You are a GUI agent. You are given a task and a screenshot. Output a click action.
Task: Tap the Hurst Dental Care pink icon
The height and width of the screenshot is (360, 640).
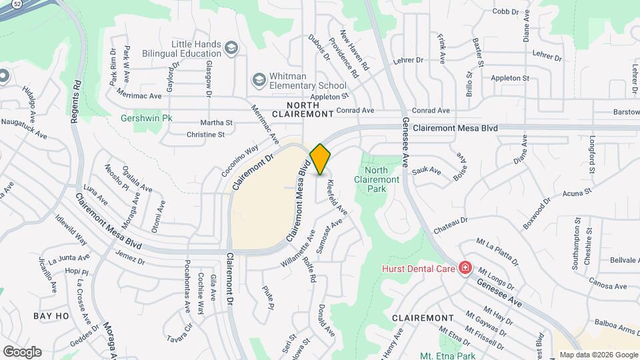pos(465,269)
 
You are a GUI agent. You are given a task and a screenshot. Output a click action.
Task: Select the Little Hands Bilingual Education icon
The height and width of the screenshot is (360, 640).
pos(231,48)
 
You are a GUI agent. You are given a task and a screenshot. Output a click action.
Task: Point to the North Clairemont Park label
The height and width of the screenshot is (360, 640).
pos(377,180)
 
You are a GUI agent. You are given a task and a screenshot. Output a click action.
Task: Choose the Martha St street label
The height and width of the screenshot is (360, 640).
pos(219,123)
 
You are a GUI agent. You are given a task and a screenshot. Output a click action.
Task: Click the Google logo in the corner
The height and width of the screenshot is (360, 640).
pos(22,351)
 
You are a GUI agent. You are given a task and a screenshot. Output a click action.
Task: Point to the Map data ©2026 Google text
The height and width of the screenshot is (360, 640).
pos(598,355)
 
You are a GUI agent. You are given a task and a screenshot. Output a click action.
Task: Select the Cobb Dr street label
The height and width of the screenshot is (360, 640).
pos(505,11)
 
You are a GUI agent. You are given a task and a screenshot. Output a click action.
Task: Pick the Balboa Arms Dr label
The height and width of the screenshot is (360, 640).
pos(613,331)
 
